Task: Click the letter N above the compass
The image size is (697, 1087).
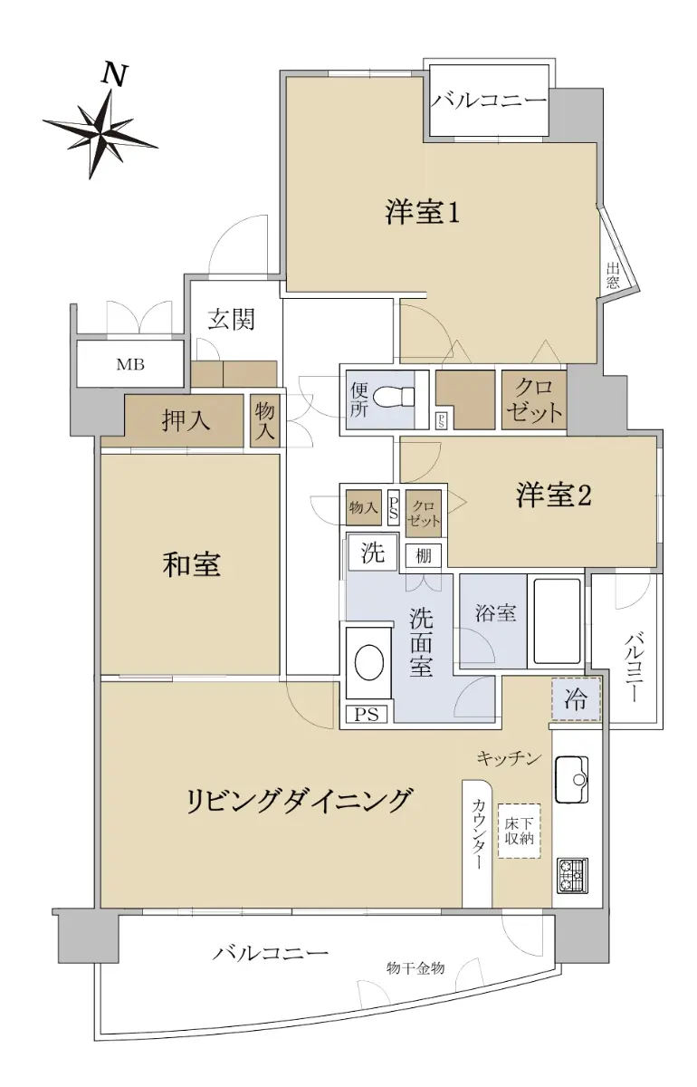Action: tap(114, 75)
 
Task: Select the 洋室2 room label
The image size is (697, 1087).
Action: tap(553, 495)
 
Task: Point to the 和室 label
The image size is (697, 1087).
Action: tap(192, 565)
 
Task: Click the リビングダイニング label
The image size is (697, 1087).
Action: tap(300, 800)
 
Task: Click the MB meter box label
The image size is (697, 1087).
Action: tap(130, 364)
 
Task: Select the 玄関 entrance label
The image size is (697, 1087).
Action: tap(232, 319)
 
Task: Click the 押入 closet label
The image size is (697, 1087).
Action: tap(186, 420)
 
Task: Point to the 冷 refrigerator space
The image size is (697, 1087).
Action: tap(576, 698)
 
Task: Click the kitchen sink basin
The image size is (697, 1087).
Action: tap(571, 779)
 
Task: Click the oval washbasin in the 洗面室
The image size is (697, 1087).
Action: tap(369, 662)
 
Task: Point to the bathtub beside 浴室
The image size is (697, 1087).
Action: tap(557, 621)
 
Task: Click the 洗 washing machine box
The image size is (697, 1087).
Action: tap(373, 553)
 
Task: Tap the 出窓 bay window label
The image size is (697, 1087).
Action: tap(613, 275)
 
